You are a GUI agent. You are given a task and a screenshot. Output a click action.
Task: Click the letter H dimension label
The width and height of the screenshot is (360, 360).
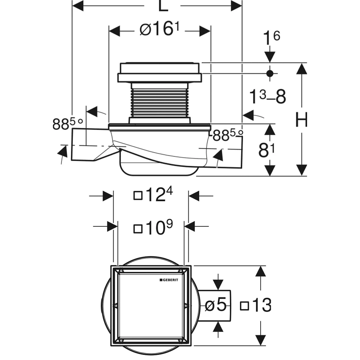click(301, 120)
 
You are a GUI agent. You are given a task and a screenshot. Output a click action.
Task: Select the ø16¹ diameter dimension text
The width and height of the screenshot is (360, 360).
click(159, 29)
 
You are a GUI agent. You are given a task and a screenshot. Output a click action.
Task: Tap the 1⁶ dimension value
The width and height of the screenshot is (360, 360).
click(271, 37)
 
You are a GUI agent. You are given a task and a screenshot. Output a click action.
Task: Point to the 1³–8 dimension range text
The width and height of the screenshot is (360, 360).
click(268, 96)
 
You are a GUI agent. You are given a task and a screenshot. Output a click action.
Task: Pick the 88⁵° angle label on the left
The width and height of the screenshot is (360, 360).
click(67, 124)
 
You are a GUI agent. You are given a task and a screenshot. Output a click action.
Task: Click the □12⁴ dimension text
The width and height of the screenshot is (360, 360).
click(153, 195)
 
